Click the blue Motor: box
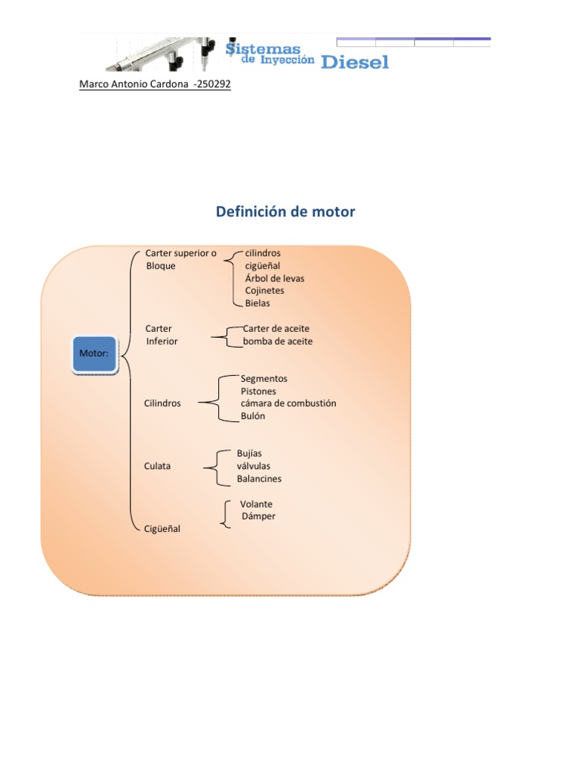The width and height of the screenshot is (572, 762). (95, 354)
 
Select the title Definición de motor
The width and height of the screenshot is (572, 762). (285, 212)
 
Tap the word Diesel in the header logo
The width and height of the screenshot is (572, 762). (355, 63)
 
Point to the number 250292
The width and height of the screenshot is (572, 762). (212, 85)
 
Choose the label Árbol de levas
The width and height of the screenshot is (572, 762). (274, 278)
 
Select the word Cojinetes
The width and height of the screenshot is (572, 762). (264, 291)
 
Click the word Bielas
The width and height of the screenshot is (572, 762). (258, 304)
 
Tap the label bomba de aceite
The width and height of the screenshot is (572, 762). (277, 342)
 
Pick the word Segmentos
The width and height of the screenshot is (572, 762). (264, 379)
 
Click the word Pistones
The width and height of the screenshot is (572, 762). (258, 391)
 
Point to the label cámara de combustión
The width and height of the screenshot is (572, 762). (288, 403)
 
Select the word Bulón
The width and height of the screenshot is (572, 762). (252, 416)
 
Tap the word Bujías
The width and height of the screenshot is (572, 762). (250, 453)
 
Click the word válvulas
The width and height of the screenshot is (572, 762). (253, 467)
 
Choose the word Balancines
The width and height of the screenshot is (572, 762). (259, 479)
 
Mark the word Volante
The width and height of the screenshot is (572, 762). (256, 505)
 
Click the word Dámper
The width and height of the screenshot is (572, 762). (259, 516)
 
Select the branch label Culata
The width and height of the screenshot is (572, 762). (157, 467)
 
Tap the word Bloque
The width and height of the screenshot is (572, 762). (161, 266)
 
